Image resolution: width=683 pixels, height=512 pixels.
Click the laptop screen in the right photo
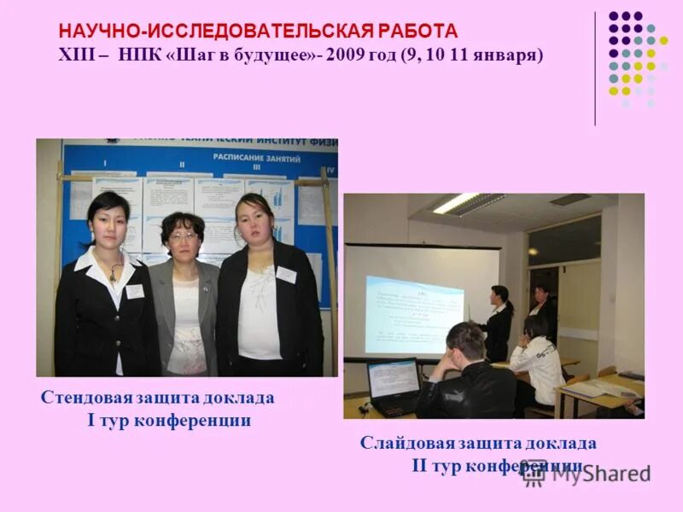point(393,378)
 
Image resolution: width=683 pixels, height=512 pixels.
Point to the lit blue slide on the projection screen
point(414,313)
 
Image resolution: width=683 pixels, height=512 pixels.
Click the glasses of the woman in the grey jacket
point(183,236)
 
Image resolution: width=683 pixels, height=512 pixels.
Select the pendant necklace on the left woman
point(112,271)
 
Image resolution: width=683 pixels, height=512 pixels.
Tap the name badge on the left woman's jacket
point(135,291)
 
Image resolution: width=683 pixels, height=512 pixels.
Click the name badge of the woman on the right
point(286,274)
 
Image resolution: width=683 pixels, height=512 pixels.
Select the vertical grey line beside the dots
point(595,68)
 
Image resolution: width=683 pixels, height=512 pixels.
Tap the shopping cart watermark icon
point(534,473)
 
